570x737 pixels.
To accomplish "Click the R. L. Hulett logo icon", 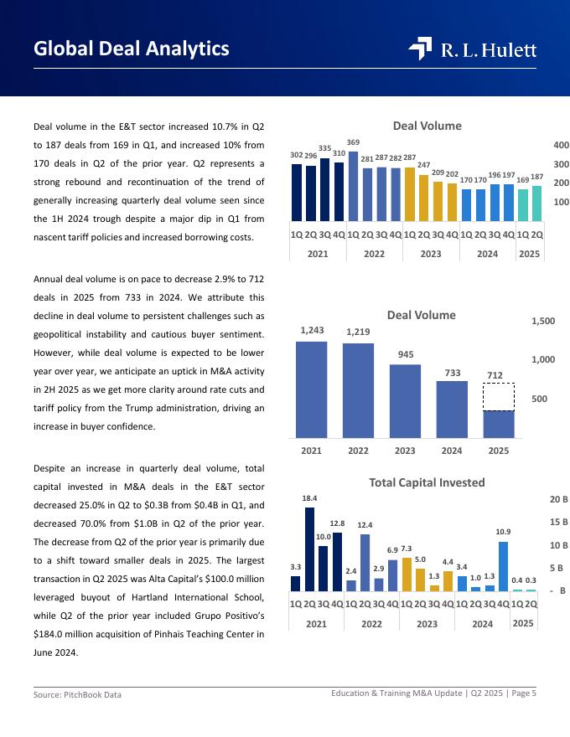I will coord(420,49).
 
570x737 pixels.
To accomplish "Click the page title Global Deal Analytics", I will coord(132,49).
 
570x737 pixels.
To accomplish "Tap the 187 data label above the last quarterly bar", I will coord(537,178).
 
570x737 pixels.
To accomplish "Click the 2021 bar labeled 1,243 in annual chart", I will coord(311,389).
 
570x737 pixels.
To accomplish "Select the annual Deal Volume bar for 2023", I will coord(406,400).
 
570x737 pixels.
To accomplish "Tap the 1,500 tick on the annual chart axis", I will coord(543,321).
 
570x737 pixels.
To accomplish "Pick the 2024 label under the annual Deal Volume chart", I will coord(452,451).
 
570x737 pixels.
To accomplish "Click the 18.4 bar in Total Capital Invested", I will coord(310,549).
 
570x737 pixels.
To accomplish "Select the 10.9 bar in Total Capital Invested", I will coord(504,566).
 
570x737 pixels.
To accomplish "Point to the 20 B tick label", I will coord(559,499).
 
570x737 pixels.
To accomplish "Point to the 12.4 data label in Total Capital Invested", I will coord(365,525).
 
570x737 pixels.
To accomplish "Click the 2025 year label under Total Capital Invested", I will coord(524,623).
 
